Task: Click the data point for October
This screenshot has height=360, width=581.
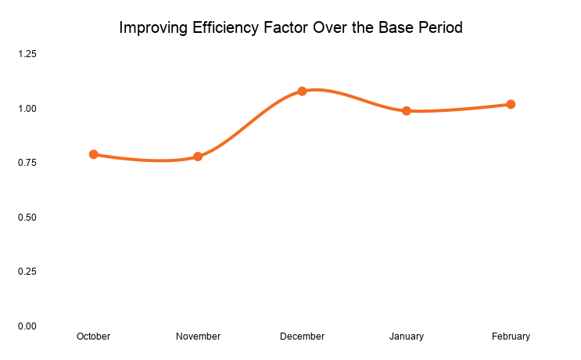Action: (94, 154)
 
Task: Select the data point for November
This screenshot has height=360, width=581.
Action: (198, 157)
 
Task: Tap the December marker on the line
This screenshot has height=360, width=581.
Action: (302, 91)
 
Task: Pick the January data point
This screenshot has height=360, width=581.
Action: (407, 110)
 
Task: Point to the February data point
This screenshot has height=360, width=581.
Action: (511, 104)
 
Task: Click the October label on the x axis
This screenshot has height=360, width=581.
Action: (94, 337)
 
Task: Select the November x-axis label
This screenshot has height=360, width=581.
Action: (198, 337)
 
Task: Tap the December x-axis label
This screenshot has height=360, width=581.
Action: (302, 337)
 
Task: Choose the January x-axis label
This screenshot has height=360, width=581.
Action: (407, 337)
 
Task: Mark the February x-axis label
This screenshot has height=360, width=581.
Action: (511, 337)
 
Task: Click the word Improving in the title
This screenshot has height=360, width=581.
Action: (152, 28)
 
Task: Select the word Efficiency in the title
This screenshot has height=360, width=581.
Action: (226, 28)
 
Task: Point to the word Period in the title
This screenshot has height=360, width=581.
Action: (440, 28)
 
